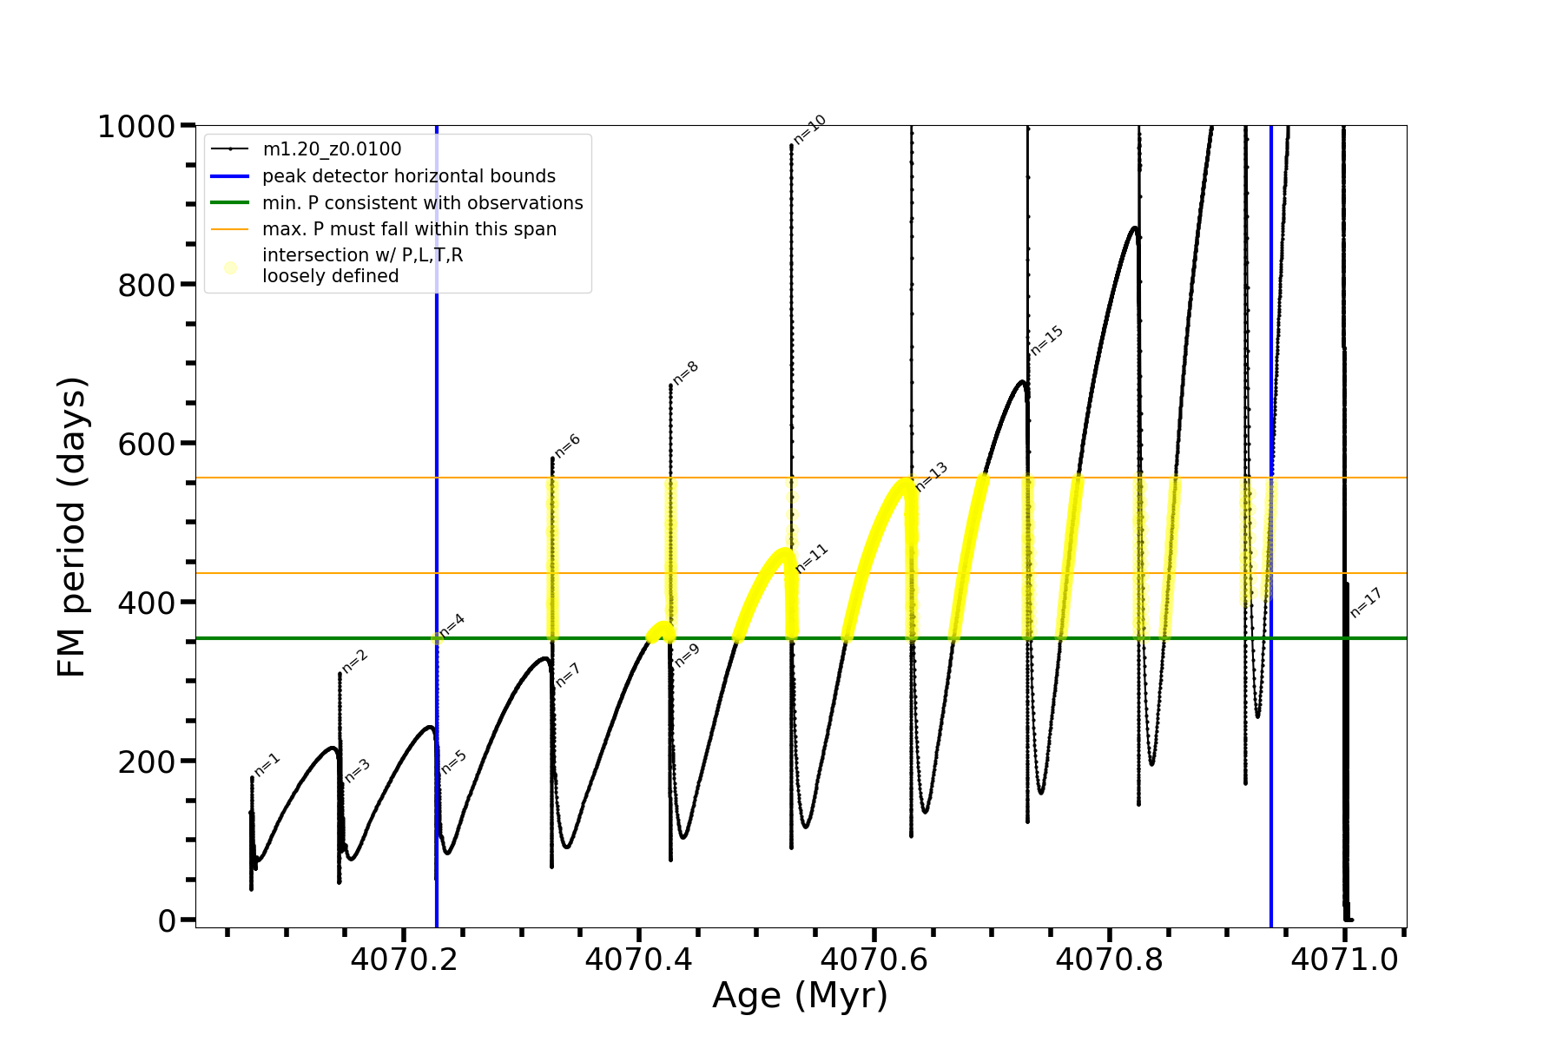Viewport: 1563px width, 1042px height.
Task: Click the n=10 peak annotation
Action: point(810,130)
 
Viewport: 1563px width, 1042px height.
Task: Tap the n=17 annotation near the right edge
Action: point(1366,603)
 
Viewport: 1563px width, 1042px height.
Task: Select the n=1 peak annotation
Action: point(267,764)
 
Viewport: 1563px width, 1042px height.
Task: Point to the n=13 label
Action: point(932,477)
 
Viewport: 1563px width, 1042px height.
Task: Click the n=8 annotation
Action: point(686,373)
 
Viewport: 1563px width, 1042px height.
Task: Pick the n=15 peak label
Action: point(1047,340)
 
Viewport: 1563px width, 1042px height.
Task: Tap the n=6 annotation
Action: point(568,445)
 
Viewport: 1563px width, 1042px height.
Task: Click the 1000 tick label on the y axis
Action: point(136,127)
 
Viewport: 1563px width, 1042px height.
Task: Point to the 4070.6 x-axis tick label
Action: point(874,960)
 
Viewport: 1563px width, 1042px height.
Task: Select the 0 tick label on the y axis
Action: point(168,921)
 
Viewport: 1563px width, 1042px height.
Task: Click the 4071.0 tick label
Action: point(1344,960)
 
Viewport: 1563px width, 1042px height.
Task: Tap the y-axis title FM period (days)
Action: point(72,527)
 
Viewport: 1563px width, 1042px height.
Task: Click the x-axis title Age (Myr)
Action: point(800,996)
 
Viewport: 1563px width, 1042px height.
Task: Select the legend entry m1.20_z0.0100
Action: point(332,149)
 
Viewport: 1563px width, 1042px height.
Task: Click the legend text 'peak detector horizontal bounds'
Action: point(408,176)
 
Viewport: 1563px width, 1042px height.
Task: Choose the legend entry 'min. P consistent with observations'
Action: point(422,203)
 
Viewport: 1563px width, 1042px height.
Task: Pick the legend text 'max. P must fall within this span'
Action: point(409,229)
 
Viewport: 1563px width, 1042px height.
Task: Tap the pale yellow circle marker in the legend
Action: point(230,267)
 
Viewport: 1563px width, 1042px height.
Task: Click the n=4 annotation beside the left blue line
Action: point(452,625)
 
